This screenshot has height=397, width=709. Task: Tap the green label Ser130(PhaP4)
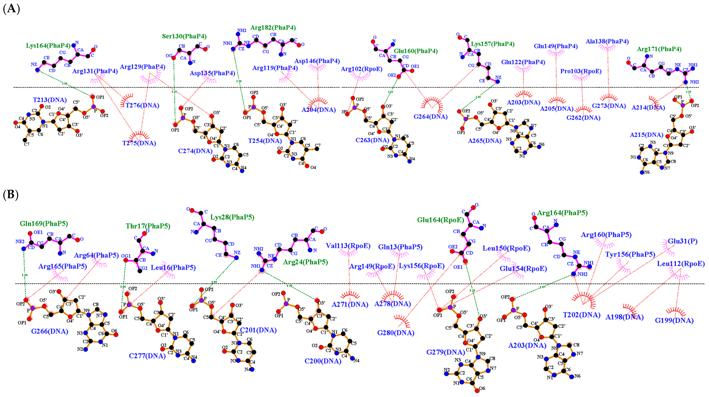(184, 36)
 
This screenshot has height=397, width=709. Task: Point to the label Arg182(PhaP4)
(273, 28)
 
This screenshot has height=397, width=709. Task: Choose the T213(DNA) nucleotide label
(50, 100)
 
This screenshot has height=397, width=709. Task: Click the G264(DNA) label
(430, 117)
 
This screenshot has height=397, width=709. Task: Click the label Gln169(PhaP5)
(44, 223)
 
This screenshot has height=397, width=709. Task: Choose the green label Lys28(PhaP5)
(232, 217)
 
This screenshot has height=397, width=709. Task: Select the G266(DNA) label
(50, 331)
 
